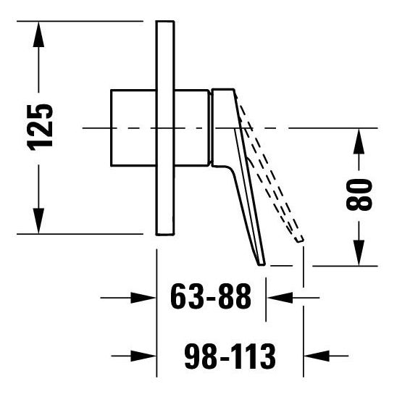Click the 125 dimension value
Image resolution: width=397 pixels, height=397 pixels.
pos(41,127)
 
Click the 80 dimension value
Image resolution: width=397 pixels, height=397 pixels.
pos(360,194)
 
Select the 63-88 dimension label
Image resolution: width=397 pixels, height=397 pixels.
pos(211,297)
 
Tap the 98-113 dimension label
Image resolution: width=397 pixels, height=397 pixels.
pos(230,355)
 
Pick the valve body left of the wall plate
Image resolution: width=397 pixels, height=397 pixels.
pos(133,127)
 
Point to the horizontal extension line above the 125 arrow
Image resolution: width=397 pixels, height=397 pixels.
pos(80,20)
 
